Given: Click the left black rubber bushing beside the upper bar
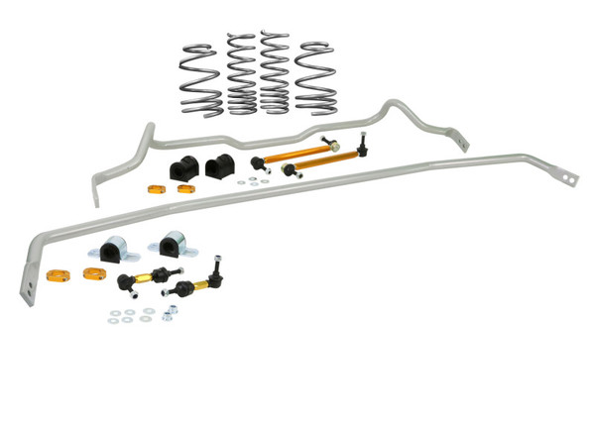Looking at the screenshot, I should coord(183,168).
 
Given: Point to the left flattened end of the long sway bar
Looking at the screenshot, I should coord(27,288).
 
